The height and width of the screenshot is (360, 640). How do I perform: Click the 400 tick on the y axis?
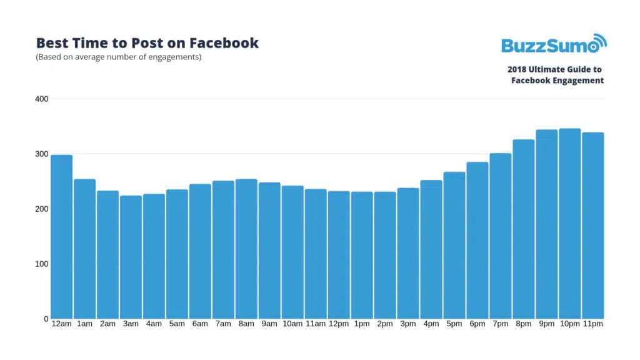click(x=41, y=99)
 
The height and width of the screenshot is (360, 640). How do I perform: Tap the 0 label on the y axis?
click(x=46, y=319)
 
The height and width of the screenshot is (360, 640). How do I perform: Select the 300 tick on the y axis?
click(x=41, y=154)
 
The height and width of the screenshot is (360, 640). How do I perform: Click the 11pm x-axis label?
click(x=592, y=324)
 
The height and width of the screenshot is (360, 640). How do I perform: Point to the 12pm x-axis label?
click(x=339, y=324)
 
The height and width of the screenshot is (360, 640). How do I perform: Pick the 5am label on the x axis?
click(x=177, y=324)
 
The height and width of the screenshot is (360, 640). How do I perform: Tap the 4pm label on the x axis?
click(x=431, y=324)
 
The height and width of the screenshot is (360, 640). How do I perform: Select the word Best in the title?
click(x=51, y=43)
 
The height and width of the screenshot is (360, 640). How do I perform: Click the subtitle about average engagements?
click(x=119, y=57)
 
